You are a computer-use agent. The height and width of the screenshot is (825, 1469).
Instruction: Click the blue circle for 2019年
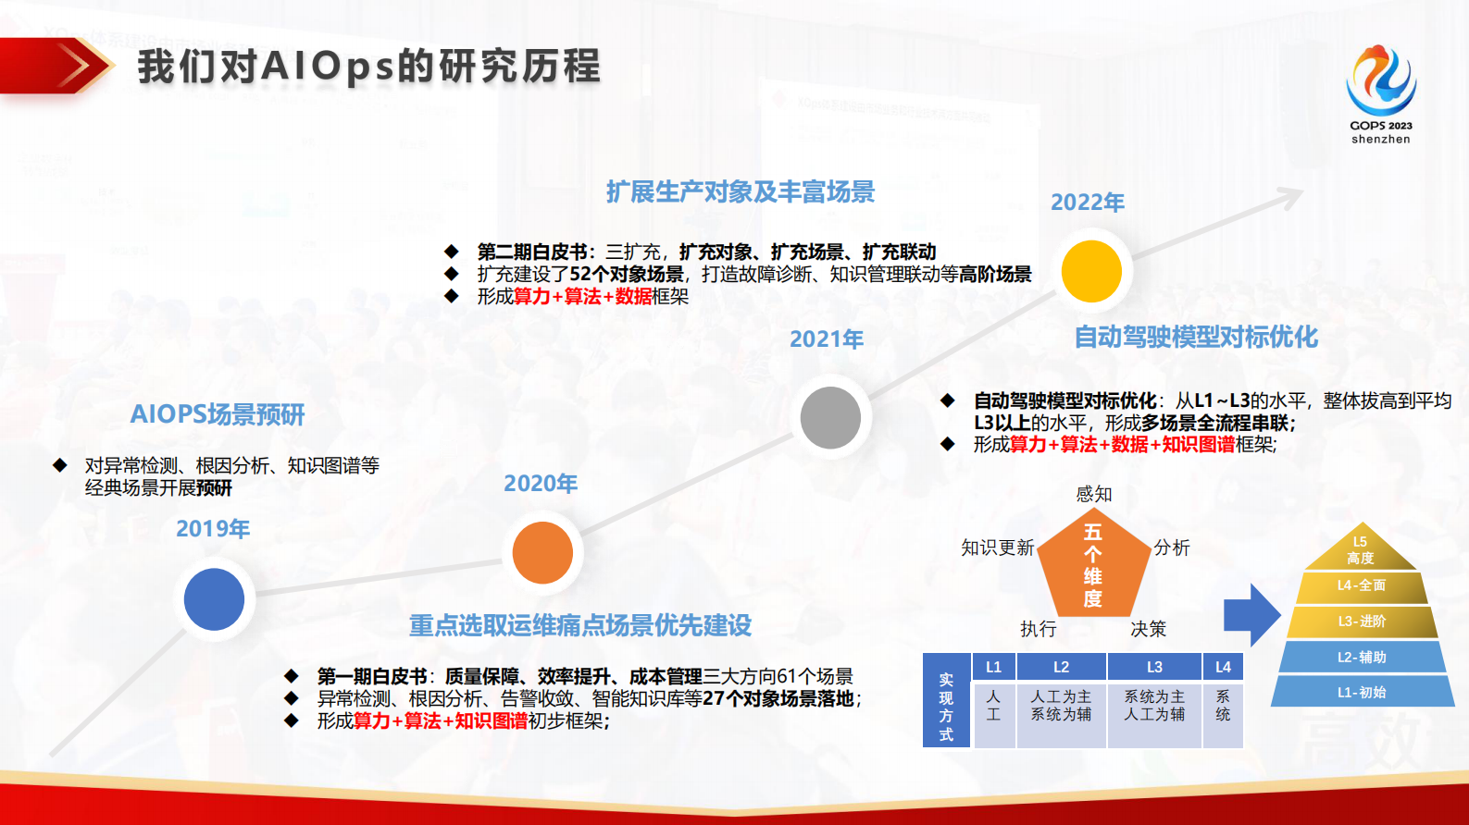tap(214, 599)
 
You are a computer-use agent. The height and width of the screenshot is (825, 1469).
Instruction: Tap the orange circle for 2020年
tap(542, 552)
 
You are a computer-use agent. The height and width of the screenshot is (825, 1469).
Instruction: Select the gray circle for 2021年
tap(830, 418)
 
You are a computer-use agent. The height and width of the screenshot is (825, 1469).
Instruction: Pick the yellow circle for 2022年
tap(1091, 272)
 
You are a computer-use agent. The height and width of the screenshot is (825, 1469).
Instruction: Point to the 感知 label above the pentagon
tap(1094, 494)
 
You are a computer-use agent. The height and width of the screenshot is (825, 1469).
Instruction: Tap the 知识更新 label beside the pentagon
tap(997, 548)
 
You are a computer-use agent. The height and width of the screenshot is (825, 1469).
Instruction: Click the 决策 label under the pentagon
tap(1148, 629)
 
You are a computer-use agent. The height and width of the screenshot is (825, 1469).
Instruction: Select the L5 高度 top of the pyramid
tap(1360, 551)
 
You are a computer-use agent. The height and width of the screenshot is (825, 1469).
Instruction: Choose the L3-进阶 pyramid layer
tap(1361, 621)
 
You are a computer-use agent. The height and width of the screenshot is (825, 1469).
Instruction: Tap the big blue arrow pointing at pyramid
tap(1251, 614)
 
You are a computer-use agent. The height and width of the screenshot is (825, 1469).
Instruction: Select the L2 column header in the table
tap(1061, 667)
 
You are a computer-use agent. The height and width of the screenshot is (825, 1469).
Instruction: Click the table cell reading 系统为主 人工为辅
tap(1153, 706)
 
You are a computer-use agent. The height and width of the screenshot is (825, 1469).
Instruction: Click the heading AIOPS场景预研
tap(218, 414)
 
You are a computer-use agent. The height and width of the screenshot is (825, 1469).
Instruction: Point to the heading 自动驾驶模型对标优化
tap(1195, 337)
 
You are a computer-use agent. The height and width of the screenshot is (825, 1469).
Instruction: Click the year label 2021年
tap(826, 339)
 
